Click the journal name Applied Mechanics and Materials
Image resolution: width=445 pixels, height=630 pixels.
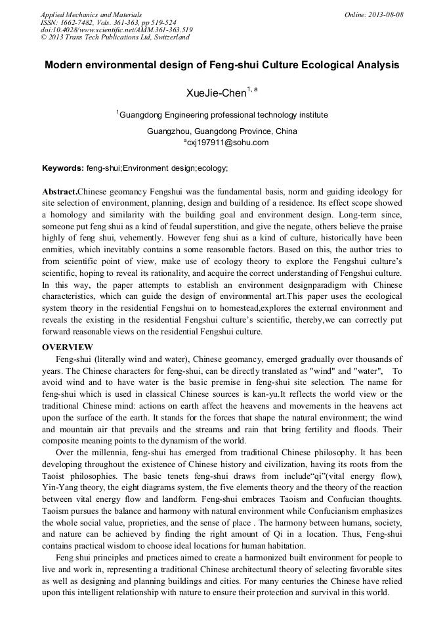coord(91,14)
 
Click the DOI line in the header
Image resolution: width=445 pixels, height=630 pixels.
coord(116,30)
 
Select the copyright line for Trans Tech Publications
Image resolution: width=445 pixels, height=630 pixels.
coord(115,37)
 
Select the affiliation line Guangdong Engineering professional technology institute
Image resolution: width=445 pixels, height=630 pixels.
coord(223,115)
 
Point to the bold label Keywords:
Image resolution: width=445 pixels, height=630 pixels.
coord(63,169)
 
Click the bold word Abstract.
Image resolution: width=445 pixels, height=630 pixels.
coord(60,191)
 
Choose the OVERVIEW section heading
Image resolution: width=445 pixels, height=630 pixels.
coord(68,347)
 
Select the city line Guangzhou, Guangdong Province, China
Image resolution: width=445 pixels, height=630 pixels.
coord(222,131)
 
